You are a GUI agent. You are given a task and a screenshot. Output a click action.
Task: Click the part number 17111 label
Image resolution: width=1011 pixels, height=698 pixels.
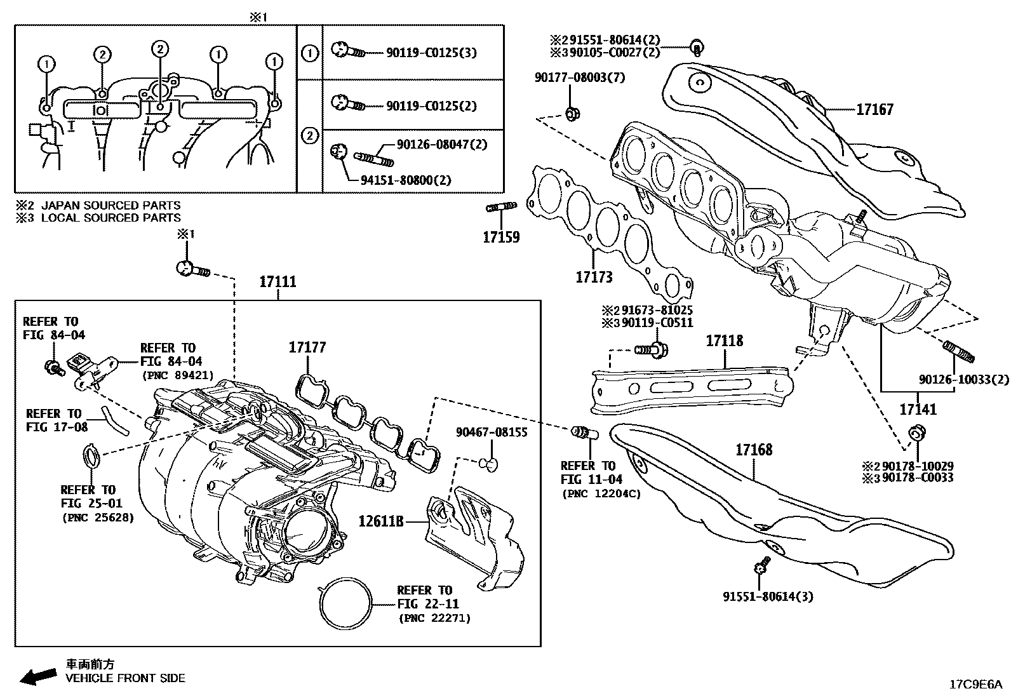[x=278, y=281]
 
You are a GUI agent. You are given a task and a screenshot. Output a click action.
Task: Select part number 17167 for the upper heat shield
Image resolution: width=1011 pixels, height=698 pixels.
[x=874, y=109]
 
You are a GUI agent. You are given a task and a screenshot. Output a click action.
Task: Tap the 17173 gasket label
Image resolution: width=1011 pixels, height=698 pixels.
[x=594, y=277]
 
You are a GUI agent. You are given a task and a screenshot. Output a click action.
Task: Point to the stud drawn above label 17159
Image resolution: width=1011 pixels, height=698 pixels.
[x=501, y=206]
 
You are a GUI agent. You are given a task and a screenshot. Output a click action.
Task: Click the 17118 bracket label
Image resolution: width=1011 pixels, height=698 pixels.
[x=724, y=341]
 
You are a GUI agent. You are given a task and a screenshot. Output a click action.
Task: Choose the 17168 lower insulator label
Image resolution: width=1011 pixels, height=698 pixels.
[x=754, y=450]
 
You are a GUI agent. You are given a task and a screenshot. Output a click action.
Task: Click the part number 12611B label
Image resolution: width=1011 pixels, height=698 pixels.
[x=381, y=521]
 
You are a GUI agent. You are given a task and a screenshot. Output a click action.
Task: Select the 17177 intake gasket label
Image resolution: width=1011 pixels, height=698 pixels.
[x=307, y=347]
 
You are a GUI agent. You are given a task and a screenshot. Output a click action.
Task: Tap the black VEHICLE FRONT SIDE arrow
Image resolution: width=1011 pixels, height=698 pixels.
[x=37, y=677]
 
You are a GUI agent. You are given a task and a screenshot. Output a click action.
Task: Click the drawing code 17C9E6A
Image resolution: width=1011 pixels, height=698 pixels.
[x=974, y=685]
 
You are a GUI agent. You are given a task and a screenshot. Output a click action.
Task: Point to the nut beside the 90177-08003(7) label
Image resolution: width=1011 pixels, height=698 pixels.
[x=571, y=115]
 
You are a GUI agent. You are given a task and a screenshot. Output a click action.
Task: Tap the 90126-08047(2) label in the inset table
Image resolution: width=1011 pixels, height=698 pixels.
[x=441, y=145]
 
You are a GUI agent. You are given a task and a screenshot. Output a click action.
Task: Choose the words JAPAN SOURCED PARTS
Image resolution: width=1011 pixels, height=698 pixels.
[x=110, y=205]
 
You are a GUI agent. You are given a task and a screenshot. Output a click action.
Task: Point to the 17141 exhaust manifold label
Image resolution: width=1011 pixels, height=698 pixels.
[x=917, y=410]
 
